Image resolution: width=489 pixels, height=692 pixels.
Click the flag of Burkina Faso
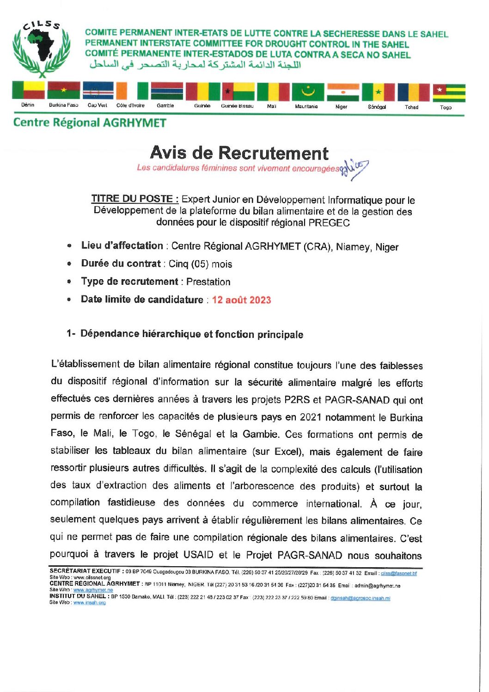[63, 91]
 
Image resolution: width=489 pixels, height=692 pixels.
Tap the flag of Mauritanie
[308, 92]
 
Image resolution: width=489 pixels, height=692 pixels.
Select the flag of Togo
[449, 93]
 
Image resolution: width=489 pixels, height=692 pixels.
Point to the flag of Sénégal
[378, 92]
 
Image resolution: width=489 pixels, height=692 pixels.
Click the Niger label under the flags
[341, 107]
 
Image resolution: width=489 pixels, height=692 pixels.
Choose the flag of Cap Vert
[98, 91]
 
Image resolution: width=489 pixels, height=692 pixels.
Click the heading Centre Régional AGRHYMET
[90, 123]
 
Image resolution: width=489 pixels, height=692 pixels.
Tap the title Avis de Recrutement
[239, 153]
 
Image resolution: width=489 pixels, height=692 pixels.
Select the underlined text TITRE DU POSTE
[134, 199]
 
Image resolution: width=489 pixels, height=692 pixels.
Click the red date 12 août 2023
[241, 300]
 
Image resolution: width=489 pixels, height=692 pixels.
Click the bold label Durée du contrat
[121, 263]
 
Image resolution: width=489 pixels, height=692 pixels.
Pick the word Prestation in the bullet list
[208, 282]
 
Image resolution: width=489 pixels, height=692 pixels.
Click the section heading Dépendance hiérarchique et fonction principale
[191, 334]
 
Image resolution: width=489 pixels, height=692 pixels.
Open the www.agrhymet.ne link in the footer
[93, 590]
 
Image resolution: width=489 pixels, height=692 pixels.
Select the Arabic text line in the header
[195, 65]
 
